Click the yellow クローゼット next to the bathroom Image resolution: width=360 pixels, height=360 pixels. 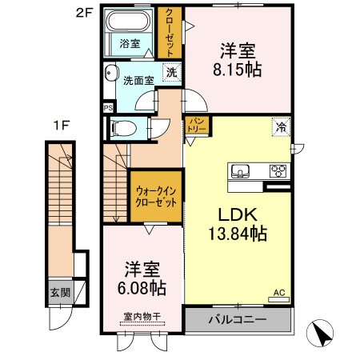pyautogui.click(x=170, y=31)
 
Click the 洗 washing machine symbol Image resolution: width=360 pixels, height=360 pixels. pyautogui.click(x=171, y=72)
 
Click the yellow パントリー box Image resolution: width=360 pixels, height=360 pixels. pyautogui.click(x=197, y=125)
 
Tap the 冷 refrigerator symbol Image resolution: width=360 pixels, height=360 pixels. pyautogui.click(x=281, y=126)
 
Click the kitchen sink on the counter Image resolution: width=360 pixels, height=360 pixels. pyautogui.click(x=242, y=170)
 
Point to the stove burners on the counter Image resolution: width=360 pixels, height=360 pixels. pyautogui.click(x=277, y=170)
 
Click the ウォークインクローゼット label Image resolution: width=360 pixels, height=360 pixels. pyautogui.click(x=156, y=197)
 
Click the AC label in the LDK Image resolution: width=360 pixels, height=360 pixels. pyautogui.click(x=280, y=294)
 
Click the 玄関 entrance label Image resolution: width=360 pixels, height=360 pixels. pyautogui.click(x=58, y=294)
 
